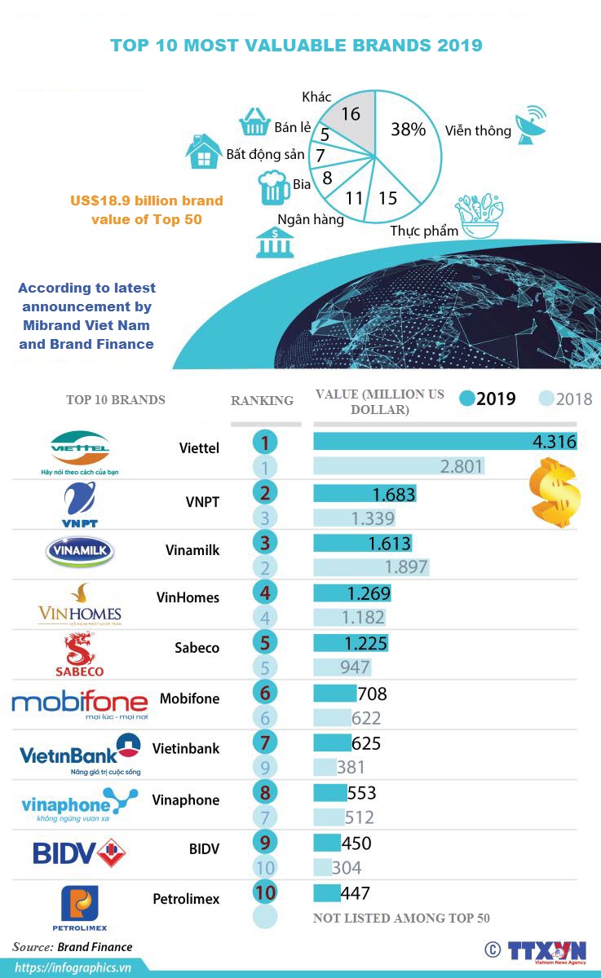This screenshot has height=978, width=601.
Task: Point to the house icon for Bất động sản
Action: [x=202, y=152]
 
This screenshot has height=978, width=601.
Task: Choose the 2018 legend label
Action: [x=574, y=399]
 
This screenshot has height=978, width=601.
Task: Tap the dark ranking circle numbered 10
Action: [x=265, y=892]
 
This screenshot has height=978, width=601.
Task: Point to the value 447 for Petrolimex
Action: [x=356, y=892]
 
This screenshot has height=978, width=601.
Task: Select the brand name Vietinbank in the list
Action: [x=185, y=748]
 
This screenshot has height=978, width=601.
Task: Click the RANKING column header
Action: [x=262, y=400]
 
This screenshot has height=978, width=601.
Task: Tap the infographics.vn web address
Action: [x=73, y=967]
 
